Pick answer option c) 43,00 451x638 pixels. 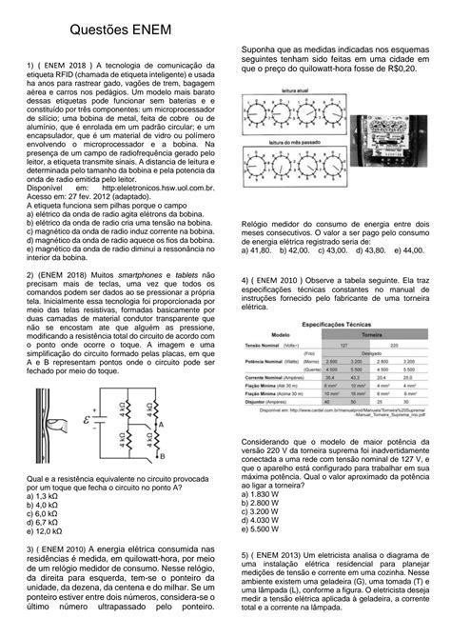pyautogui.click(x=336, y=250)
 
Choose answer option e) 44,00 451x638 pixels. pyautogui.click(x=403, y=250)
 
